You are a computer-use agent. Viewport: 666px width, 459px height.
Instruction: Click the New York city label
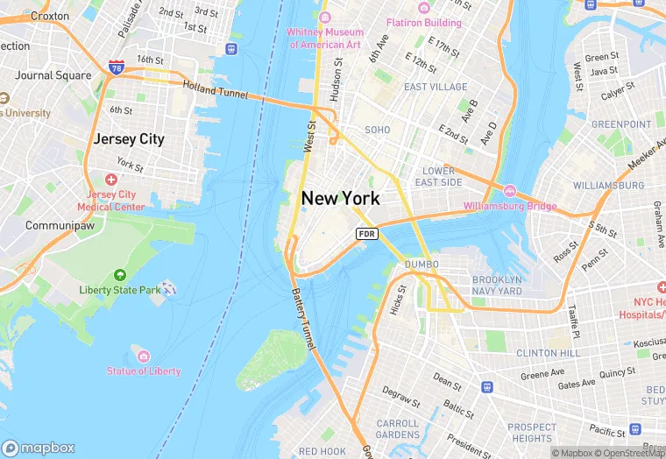pyautogui.click(x=341, y=198)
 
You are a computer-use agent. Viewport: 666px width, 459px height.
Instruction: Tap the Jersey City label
pyautogui.click(x=129, y=138)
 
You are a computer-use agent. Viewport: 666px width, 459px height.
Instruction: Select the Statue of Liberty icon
pyautogui.click(x=144, y=356)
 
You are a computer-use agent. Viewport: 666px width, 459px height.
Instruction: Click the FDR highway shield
pyautogui.click(x=366, y=234)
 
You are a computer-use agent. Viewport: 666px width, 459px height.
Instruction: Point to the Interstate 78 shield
pyautogui.click(x=117, y=67)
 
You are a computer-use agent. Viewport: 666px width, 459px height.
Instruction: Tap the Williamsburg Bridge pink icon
pyautogui.click(x=509, y=191)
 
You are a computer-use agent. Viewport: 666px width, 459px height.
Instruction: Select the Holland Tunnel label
pyautogui.click(x=216, y=88)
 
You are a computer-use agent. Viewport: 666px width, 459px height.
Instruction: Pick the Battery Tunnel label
pyautogui.click(x=303, y=321)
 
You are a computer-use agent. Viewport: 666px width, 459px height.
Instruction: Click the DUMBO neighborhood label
pyautogui.click(x=422, y=264)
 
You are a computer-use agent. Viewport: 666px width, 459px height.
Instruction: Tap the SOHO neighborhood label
pyautogui.click(x=377, y=130)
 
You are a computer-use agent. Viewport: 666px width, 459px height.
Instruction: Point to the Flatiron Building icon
pyautogui.click(x=424, y=8)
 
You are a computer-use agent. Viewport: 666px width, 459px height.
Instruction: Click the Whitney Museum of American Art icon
pyautogui.click(x=325, y=18)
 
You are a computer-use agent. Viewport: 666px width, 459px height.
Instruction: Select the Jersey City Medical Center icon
pyautogui.click(x=110, y=180)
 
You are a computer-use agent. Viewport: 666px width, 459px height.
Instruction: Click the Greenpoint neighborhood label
pyautogui.click(x=620, y=124)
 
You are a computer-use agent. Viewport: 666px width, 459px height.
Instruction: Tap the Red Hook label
pyautogui.click(x=322, y=451)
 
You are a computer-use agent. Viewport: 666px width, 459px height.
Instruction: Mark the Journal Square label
pyautogui.click(x=53, y=75)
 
